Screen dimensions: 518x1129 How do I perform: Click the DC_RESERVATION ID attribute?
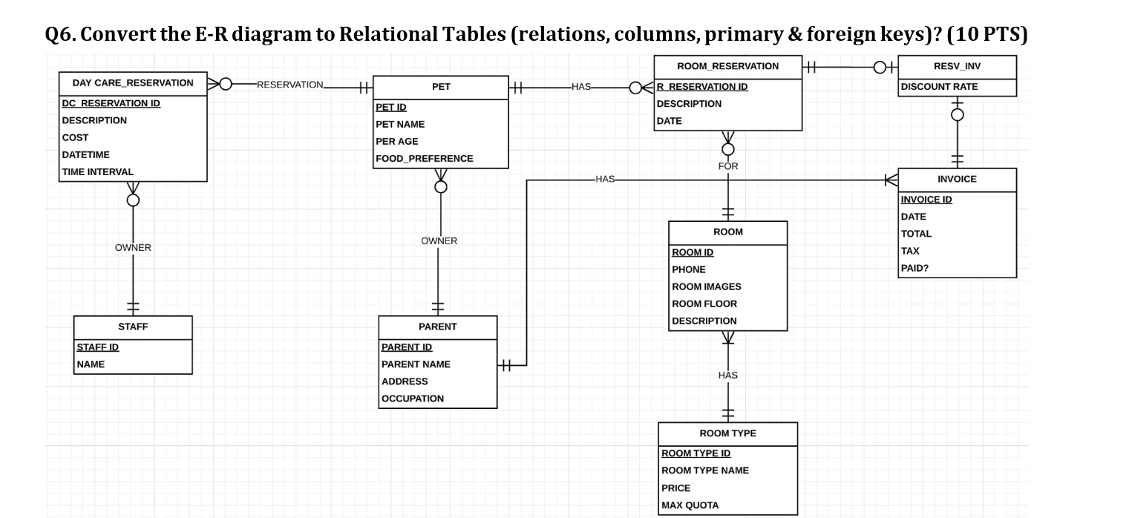click(x=111, y=103)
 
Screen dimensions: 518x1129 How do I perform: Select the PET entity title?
click(x=441, y=87)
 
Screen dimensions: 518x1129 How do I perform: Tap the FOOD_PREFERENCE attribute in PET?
click(x=424, y=158)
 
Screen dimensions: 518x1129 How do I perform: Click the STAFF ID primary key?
click(x=97, y=347)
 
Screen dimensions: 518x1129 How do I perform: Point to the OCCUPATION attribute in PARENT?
click(x=412, y=399)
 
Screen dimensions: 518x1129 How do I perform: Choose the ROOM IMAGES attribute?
click(x=706, y=286)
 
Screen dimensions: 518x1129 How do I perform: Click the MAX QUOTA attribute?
click(x=690, y=505)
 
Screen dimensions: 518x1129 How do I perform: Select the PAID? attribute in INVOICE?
click(x=914, y=268)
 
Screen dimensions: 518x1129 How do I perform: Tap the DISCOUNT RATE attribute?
click(x=939, y=87)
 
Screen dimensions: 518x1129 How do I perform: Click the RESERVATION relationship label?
click(x=290, y=85)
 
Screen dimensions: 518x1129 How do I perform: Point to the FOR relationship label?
click(x=727, y=166)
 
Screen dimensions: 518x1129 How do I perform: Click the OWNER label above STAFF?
click(x=133, y=248)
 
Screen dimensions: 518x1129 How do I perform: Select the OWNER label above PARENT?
click(x=439, y=241)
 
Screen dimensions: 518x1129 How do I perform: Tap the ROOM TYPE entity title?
click(x=727, y=433)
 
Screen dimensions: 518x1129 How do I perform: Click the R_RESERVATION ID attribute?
click(x=702, y=87)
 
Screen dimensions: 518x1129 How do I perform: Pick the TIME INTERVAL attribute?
click(x=97, y=171)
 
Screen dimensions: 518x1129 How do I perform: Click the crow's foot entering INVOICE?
click(x=891, y=180)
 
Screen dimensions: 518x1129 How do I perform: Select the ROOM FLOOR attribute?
click(x=704, y=304)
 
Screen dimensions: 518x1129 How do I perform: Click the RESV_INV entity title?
click(x=957, y=66)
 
